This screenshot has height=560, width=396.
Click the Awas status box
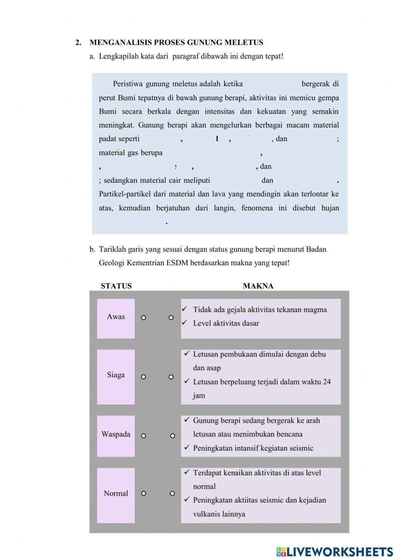coord(116,318)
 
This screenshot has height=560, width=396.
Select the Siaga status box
coord(116,377)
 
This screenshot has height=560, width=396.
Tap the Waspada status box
coord(116,436)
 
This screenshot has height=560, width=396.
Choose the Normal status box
coord(116,495)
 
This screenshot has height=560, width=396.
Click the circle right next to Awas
coord(144,318)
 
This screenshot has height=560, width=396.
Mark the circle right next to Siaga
coord(144,377)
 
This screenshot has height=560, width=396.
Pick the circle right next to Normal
coord(144,493)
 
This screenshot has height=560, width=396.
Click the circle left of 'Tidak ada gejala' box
coord(171,318)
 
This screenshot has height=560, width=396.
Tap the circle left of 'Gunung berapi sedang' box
coord(173,436)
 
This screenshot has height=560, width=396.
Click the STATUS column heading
coord(116,286)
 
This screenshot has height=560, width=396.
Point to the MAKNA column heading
coord(258,286)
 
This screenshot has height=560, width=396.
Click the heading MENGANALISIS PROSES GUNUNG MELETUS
coord(176,42)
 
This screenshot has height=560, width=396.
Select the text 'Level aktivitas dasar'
coord(226,323)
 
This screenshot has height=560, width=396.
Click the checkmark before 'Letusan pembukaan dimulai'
coord(187,354)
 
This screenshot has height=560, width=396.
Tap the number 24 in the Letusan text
coord(326,382)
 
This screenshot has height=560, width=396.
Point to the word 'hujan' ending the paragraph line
coord(330,208)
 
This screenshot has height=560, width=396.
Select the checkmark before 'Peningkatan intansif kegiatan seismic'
coord(187,447)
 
